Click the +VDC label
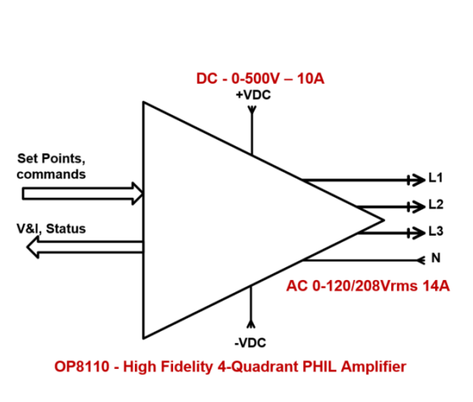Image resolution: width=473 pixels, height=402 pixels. [253, 95]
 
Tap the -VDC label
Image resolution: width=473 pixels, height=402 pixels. [250, 343]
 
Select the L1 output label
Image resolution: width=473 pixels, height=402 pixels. [436, 178]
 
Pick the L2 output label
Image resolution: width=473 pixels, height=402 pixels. [436, 204]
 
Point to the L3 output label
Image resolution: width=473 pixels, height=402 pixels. [436, 231]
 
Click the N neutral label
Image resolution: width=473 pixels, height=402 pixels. [436, 258]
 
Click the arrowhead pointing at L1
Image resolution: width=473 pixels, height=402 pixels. [416, 180]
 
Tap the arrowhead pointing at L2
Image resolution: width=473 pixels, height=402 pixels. [416, 207]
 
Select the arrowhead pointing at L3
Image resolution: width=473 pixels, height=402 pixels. [416, 233]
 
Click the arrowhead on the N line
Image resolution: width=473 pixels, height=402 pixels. [421, 260]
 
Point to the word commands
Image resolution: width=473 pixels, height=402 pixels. [51, 174]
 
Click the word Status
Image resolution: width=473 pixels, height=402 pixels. [65, 228]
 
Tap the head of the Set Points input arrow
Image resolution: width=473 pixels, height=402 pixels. [137, 194]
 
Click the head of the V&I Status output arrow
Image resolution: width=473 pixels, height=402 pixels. [32, 247]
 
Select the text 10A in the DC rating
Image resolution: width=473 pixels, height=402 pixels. [310, 78]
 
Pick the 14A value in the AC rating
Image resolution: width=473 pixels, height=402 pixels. [436, 286]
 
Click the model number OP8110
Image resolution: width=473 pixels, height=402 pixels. [82, 366]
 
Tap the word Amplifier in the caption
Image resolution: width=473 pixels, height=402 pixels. [374, 366]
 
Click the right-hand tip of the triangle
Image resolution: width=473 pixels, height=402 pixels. [384, 220]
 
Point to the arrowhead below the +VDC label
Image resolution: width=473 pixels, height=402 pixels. [252, 110]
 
